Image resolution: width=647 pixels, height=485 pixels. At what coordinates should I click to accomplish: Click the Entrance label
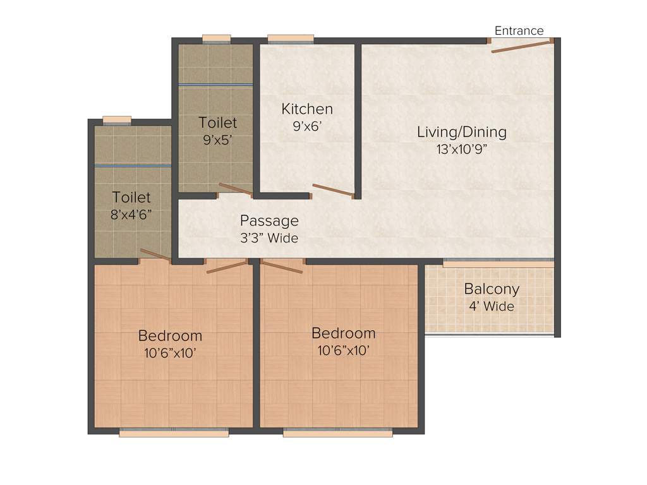point(519,31)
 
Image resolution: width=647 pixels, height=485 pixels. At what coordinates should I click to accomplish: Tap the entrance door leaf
point(522,45)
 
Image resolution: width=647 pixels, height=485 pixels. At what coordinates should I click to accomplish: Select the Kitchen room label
point(307,109)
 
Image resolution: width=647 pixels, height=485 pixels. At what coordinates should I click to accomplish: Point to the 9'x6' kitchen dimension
point(307,126)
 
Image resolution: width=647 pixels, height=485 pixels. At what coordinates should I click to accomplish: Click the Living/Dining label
point(462,132)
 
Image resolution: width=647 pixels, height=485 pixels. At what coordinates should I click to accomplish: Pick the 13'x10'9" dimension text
point(462,150)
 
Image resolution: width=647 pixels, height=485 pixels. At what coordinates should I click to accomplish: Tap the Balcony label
point(492,289)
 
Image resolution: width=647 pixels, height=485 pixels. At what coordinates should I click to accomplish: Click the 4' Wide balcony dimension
point(492,307)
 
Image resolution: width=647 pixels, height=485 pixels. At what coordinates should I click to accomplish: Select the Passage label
point(269,221)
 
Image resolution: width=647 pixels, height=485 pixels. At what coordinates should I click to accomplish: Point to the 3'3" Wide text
point(269,239)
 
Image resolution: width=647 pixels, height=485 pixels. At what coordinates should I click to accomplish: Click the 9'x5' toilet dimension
point(218,140)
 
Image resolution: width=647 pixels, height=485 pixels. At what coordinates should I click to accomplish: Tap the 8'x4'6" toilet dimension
point(131,215)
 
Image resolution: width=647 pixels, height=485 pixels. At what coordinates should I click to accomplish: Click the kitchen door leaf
point(332,191)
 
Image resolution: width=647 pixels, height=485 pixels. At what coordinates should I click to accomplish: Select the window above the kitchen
point(291,39)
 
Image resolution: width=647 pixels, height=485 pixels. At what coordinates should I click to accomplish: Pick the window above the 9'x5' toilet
point(215,39)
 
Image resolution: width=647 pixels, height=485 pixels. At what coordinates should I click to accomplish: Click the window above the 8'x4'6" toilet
point(117,119)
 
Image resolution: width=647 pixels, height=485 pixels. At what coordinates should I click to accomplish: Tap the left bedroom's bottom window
point(174,433)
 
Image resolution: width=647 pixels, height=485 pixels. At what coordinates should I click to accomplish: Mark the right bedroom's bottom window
point(337,433)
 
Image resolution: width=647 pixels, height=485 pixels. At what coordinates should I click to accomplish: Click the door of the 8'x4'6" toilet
point(155,255)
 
